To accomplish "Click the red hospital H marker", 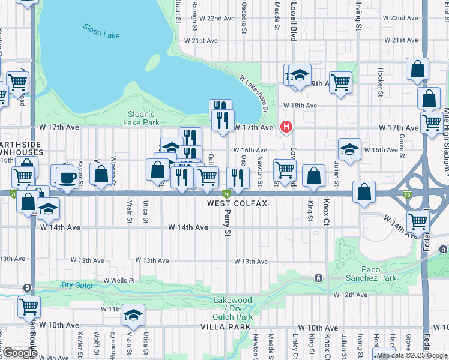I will click(x=286, y=127).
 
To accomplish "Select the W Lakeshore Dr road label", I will click(x=253, y=92).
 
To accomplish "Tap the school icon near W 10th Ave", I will click(x=133, y=315).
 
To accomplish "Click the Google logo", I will click(x=19, y=353).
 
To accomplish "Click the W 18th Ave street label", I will click(x=300, y=105).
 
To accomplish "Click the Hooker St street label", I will click(x=380, y=82).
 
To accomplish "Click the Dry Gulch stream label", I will click(x=77, y=286).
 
